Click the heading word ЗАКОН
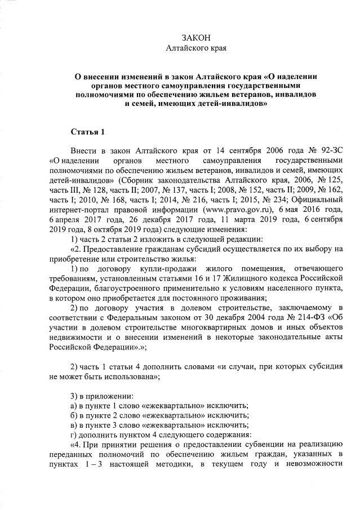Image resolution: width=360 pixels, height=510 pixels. pos(197,37)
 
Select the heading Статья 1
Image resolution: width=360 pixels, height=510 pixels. pos(87,132)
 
